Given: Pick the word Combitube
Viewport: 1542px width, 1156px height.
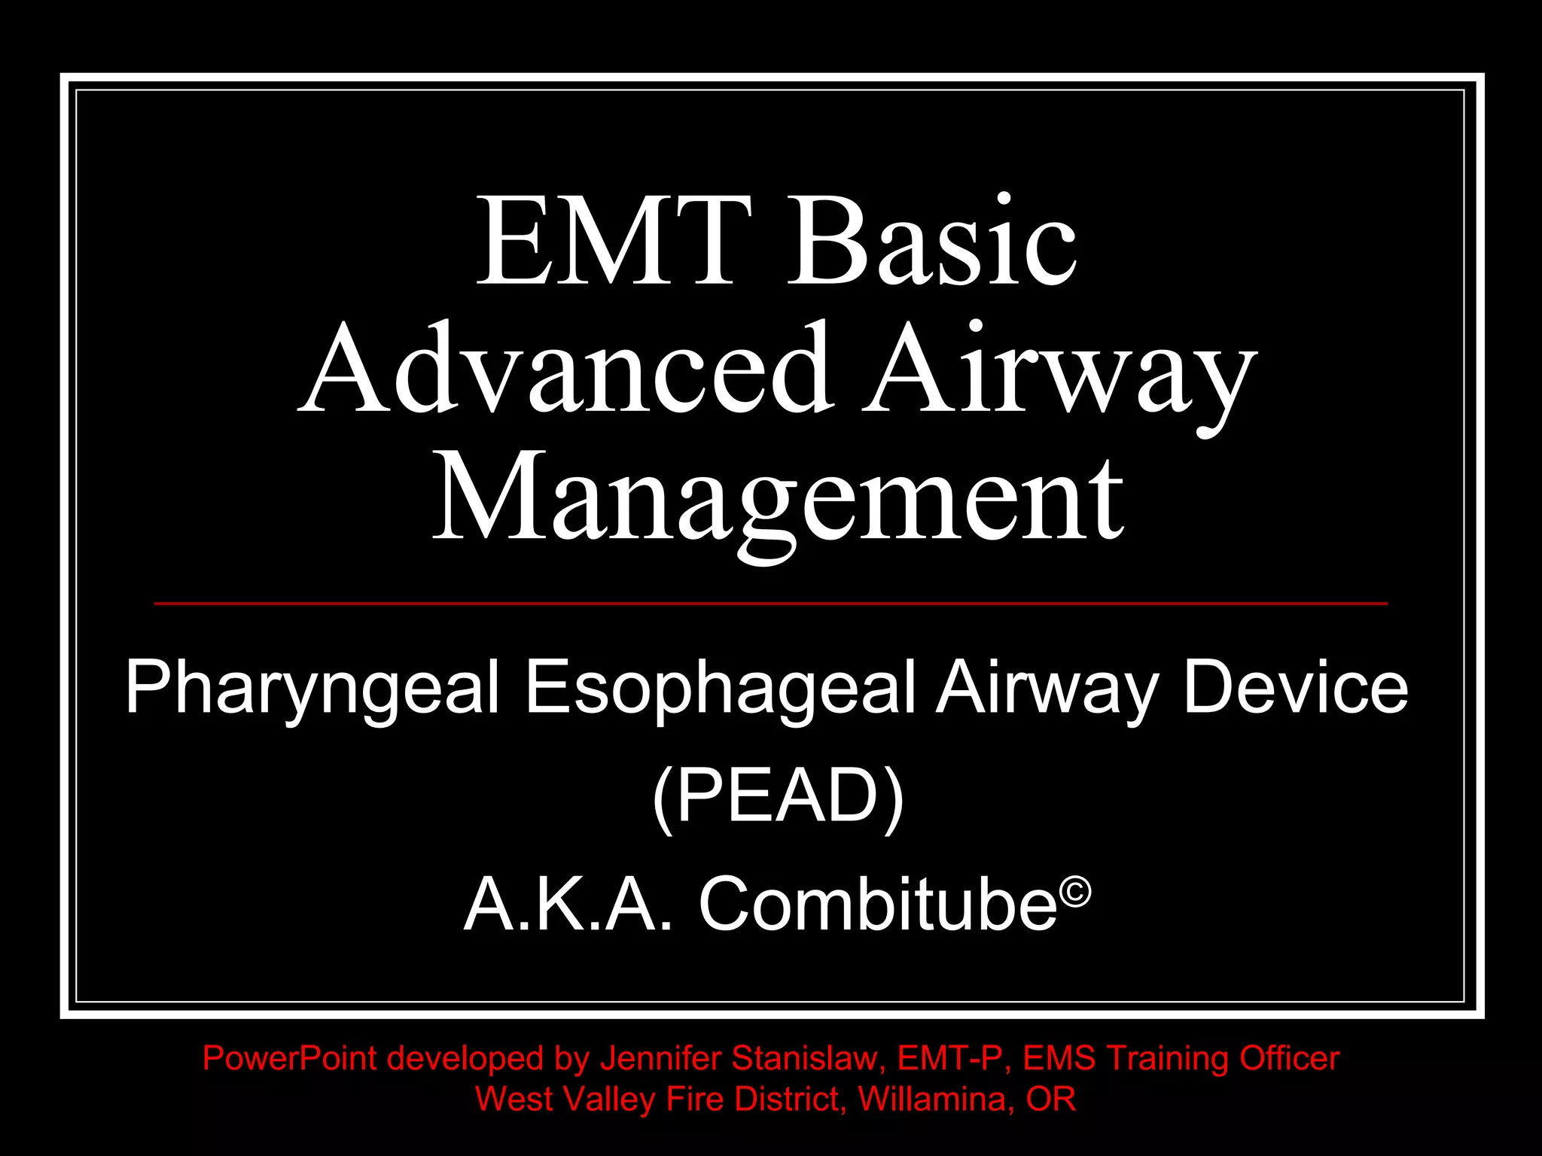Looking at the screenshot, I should [x=878, y=905].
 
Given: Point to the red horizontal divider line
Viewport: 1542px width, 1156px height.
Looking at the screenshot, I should [x=771, y=604].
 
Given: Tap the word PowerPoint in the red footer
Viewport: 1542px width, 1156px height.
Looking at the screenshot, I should [x=290, y=1059].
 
